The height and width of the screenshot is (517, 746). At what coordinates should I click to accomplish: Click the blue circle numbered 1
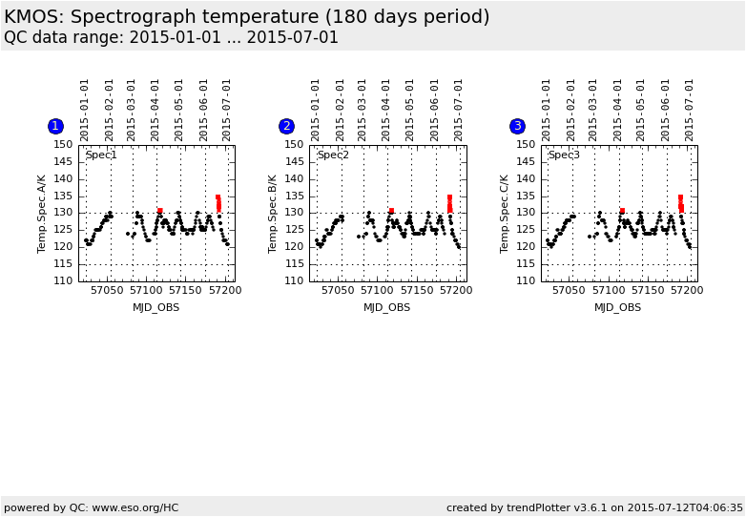(55, 126)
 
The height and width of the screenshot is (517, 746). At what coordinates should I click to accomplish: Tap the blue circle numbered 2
(286, 126)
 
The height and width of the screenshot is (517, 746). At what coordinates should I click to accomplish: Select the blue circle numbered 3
(517, 126)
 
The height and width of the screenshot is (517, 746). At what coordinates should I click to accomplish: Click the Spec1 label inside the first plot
(101, 155)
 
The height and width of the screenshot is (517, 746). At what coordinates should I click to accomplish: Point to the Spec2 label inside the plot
(333, 155)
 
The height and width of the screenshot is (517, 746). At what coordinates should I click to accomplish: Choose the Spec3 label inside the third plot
(564, 155)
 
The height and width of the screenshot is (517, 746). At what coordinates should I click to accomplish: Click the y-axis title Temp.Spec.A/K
(42, 213)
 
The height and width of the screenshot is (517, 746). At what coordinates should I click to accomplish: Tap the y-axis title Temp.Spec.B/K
(273, 213)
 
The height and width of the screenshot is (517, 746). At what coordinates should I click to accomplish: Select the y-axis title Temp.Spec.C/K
(504, 213)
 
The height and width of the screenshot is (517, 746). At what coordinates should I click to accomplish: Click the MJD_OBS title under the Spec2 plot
(387, 307)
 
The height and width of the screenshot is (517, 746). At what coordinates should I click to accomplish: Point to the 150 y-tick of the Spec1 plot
(63, 145)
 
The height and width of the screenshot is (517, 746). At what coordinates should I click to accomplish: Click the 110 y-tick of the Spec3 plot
(525, 280)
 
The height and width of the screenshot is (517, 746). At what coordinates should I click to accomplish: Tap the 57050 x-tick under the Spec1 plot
(107, 290)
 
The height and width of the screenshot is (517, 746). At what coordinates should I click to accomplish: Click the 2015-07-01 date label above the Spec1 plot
(226, 110)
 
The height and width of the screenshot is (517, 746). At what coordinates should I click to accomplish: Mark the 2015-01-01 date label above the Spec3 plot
(547, 110)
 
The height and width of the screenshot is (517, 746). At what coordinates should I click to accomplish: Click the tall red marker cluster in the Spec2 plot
(449, 204)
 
